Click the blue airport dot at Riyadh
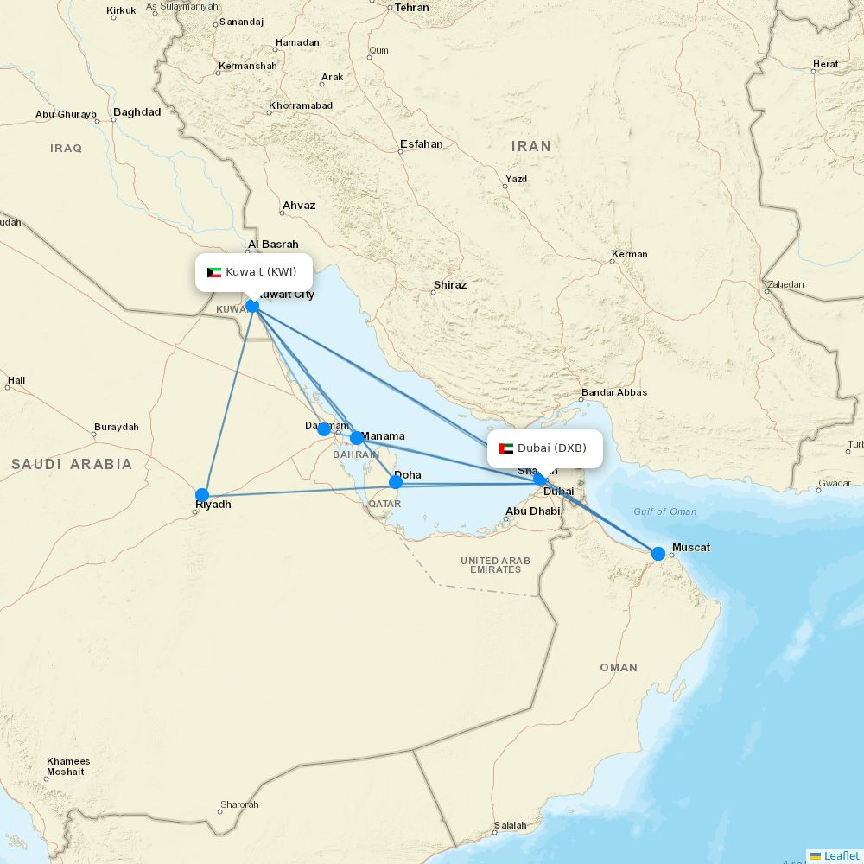click(x=202, y=495)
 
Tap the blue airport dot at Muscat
click(x=658, y=553)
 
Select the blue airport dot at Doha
click(x=396, y=482)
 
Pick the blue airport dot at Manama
click(x=357, y=438)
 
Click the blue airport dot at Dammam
click(x=324, y=429)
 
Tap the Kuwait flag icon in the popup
click(x=214, y=272)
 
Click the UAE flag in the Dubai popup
click(x=506, y=448)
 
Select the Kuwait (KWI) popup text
click(x=261, y=272)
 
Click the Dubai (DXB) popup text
click(x=552, y=448)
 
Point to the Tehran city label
click(x=411, y=8)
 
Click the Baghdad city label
click(x=137, y=112)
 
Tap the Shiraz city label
click(x=450, y=284)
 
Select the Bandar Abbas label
click(x=613, y=392)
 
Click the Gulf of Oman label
click(x=664, y=511)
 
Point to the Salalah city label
click(x=510, y=825)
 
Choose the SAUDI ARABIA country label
click(x=72, y=465)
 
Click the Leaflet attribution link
click(x=841, y=855)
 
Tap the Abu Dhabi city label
click(x=532, y=511)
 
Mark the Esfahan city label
click(x=422, y=144)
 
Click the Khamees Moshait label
click(x=68, y=766)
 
